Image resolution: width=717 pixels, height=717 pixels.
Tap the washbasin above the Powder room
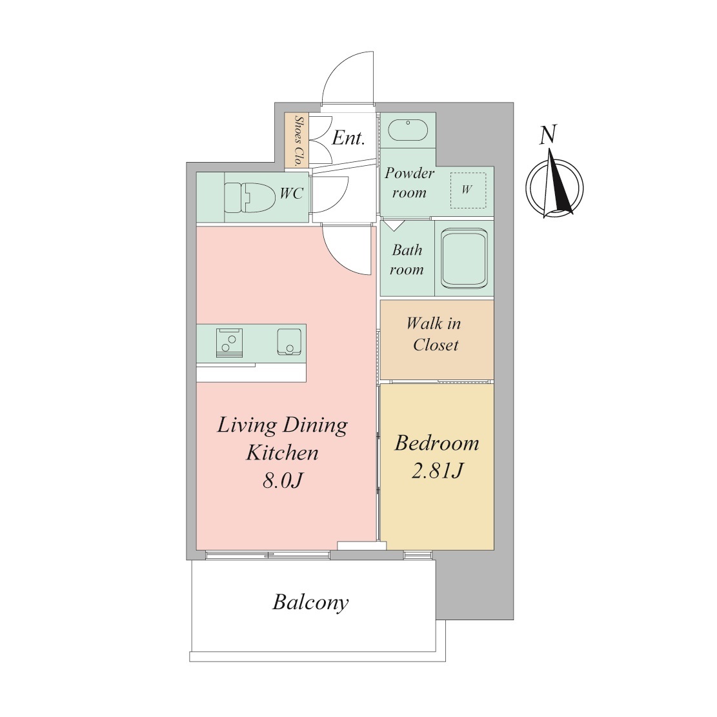408,130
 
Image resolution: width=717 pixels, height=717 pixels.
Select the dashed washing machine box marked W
468,190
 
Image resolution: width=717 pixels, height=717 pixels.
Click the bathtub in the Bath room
464,259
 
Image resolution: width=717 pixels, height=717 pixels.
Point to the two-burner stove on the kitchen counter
229,343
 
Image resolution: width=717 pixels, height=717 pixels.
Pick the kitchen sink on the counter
290,341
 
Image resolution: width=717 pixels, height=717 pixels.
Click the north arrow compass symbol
554,187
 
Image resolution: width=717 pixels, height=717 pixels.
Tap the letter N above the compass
548,135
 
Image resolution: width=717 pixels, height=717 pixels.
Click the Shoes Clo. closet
296,141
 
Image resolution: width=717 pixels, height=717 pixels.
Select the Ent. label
348,137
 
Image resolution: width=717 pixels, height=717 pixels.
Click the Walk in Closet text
434,334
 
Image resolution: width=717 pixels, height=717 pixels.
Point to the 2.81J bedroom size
438,470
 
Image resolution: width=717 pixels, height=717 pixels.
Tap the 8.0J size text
283,480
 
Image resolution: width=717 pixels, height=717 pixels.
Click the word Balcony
310,602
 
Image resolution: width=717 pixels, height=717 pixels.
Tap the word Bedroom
437,443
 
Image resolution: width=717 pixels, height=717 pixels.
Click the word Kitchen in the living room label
282,452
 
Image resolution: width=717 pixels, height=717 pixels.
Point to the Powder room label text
409,183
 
